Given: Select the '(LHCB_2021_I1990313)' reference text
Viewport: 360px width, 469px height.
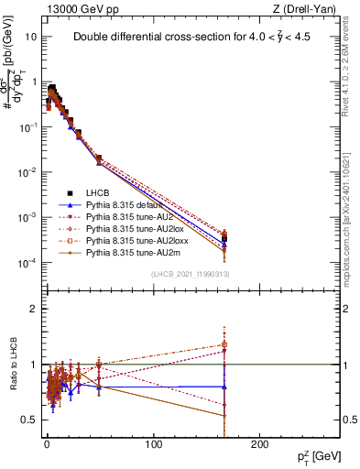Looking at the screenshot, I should coord(190,275).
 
